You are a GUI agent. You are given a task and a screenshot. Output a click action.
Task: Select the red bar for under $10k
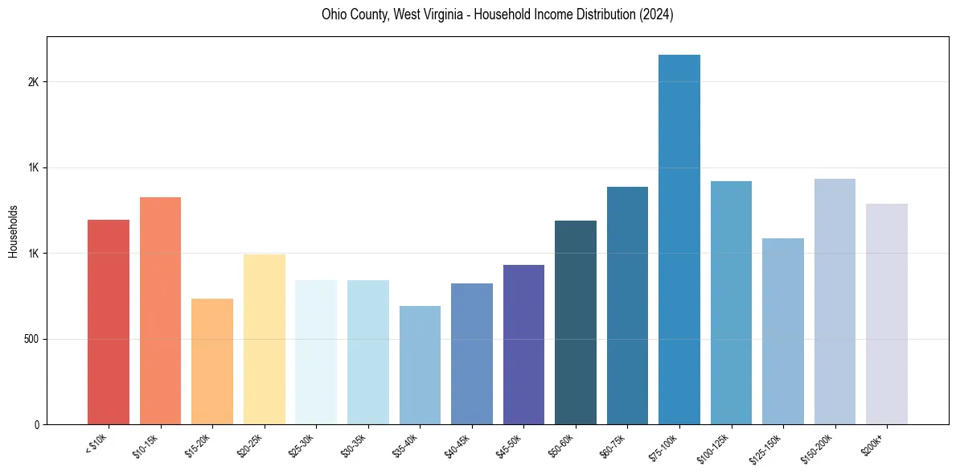(x=109, y=322)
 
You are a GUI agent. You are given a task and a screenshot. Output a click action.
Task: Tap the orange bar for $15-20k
(x=212, y=361)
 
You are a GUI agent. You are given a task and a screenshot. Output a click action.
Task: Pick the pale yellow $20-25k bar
(x=265, y=339)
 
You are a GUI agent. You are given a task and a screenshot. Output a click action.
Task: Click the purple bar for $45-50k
(x=523, y=345)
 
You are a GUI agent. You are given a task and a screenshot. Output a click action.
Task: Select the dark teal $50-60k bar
(x=576, y=322)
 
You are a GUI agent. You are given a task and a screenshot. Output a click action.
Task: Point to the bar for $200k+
(x=887, y=314)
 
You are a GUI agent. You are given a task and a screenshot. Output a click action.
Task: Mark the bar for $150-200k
(x=835, y=301)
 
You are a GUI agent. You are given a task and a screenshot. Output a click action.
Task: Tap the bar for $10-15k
(x=160, y=311)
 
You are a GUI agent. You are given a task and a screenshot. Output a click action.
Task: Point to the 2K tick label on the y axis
(x=33, y=82)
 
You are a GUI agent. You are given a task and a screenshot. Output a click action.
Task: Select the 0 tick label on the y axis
(x=37, y=424)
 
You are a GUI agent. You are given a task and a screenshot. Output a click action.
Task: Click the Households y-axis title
(x=13, y=231)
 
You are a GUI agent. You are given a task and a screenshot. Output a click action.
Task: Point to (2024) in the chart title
(x=655, y=14)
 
